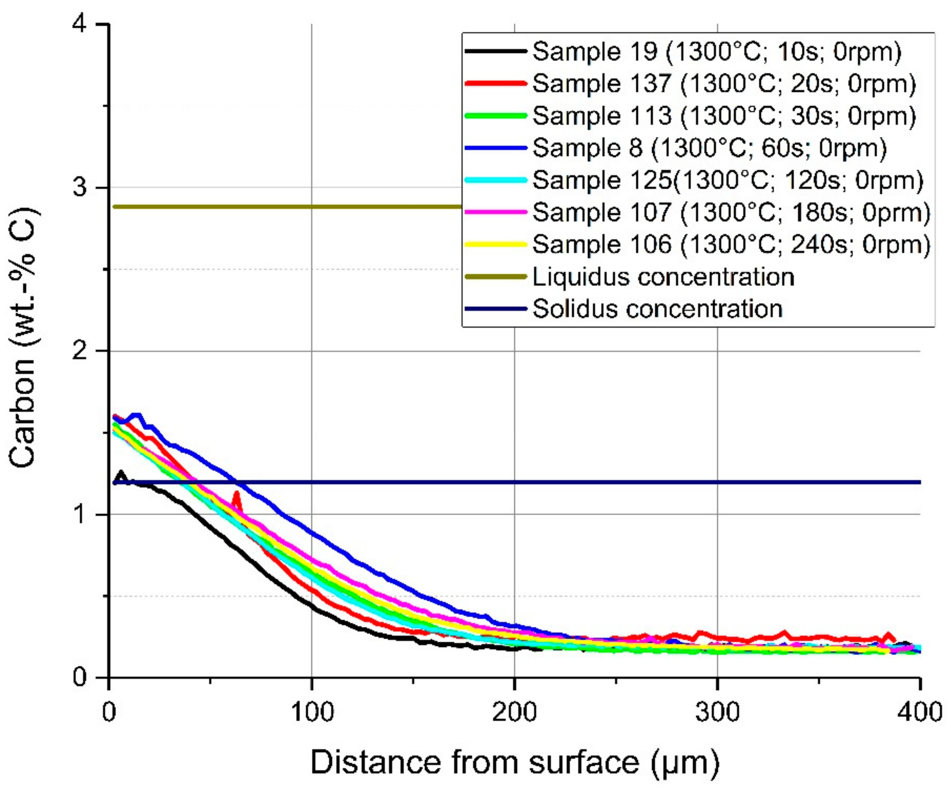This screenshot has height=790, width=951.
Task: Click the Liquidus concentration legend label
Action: (x=663, y=277)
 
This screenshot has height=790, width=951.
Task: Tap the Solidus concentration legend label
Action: (x=657, y=309)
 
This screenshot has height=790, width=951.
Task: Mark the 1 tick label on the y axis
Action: (x=81, y=514)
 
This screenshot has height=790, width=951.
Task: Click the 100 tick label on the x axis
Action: (x=312, y=712)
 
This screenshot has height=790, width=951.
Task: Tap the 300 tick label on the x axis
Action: (x=717, y=712)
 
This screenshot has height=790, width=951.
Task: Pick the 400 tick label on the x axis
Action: (x=920, y=712)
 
